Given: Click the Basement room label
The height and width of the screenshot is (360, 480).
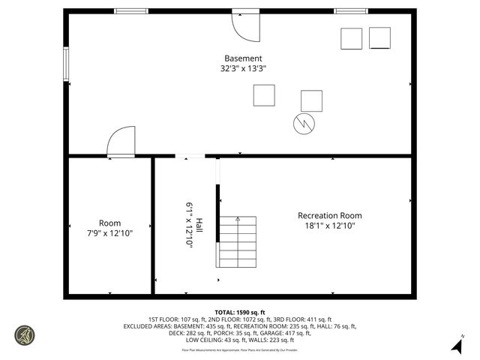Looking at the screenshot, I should tap(243, 58).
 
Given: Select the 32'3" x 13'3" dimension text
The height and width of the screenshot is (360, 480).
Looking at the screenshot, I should tap(243, 68).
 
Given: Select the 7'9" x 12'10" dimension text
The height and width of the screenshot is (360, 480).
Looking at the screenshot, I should tap(109, 233).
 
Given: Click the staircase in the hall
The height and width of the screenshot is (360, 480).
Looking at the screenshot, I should tap(237, 241).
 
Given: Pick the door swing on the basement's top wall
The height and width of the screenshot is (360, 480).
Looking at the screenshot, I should tap(244, 26).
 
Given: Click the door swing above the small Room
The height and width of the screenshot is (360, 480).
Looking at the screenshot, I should tap(121, 142).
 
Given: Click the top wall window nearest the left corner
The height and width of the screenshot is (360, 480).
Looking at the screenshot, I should tap(131, 11).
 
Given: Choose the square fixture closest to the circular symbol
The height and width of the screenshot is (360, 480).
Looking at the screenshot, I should tap(311, 100).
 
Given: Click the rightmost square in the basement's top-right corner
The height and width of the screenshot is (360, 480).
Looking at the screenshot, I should tap(379, 37).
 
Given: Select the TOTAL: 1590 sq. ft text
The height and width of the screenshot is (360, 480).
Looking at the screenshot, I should tap(240, 312).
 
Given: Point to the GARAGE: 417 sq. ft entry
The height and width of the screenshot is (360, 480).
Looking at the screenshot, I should tap(289, 333).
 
